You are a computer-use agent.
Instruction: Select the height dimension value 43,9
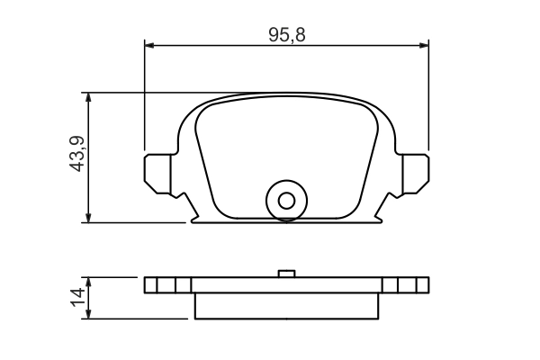[x=77, y=154]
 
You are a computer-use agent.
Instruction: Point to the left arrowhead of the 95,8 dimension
[x=150, y=43]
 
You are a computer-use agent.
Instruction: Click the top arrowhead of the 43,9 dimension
[x=88, y=97]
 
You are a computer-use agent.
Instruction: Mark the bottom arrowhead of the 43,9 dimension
[x=88, y=216]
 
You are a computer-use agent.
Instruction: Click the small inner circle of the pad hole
[x=287, y=200]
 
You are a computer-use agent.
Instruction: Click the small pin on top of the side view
[x=287, y=274]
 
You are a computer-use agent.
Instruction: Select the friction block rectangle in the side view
[x=287, y=306]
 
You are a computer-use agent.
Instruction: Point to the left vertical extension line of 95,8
[x=144, y=99]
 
